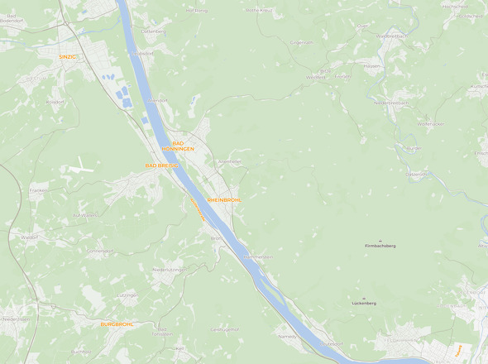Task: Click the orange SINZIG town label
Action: pyautogui.click(x=68, y=57)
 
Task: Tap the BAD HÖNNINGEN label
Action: pyautogui.click(x=178, y=146)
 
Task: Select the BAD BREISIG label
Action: pyautogui.click(x=161, y=165)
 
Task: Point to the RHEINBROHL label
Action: pyautogui.click(x=224, y=200)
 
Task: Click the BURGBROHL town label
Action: pyautogui.click(x=117, y=324)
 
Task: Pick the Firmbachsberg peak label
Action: pyautogui.click(x=380, y=246)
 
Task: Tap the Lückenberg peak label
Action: pyautogui.click(x=364, y=303)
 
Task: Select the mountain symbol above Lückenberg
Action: pyautogui.click(x=364, y=297)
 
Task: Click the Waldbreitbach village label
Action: pyautogui.click(x=390, y=36)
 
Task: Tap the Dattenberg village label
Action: pyautogui.click(x=154, y=31)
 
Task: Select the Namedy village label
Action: pyautogui.click(x=287, y=337)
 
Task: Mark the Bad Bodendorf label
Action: pyautogui.click(x=17, y=17)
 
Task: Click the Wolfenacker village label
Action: pyautogui.click(x=430, y=123)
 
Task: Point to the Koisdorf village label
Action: pyautogui.click(x=55, y=102)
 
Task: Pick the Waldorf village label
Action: pyautogui.click(x=30, y=237)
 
